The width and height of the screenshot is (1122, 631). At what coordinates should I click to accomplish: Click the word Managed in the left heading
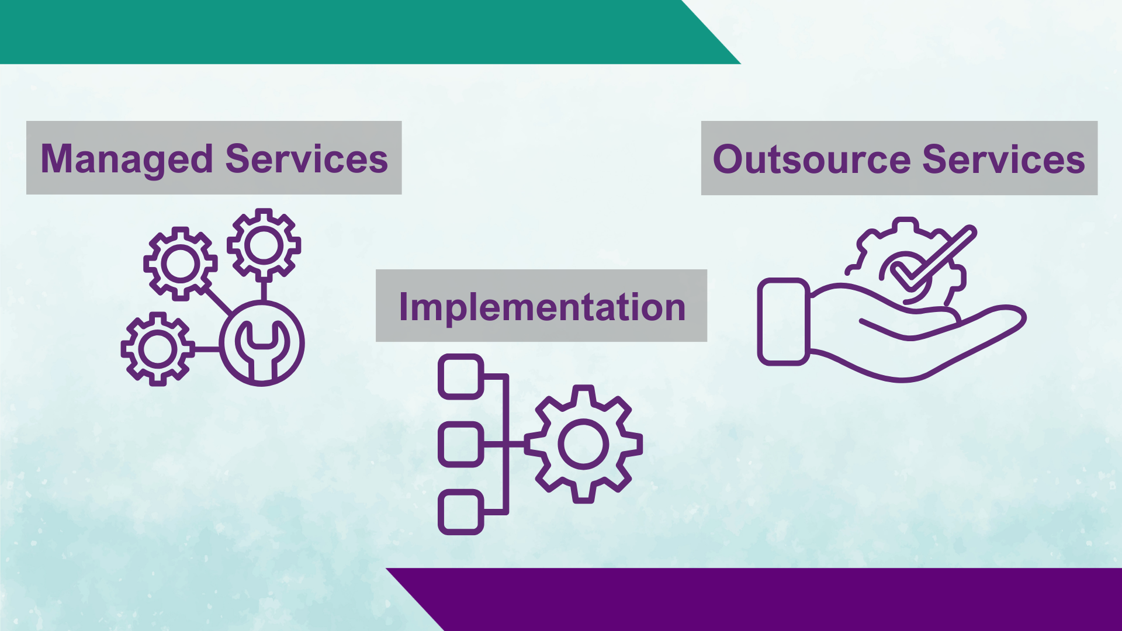(x=127, y=160)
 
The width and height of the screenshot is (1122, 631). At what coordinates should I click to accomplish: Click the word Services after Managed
(x=307, y=159)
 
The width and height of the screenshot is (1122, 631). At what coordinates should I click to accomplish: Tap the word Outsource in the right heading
(x=812, y=160)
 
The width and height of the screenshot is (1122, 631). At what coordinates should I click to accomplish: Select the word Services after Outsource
(x=1004, y=160)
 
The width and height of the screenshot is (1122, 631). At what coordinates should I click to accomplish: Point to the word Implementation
(x=542, y=307)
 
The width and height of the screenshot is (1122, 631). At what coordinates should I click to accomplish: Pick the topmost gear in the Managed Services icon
(x=264, y=245)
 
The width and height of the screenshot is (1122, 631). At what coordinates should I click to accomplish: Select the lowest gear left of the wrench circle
(x=158, y=349)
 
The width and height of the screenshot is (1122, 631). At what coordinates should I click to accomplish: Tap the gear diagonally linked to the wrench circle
(x=181, y=264)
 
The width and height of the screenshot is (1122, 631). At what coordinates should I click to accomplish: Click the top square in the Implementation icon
(x=461, y=377)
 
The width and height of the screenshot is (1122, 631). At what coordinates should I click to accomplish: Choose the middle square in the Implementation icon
(x=461, y=444)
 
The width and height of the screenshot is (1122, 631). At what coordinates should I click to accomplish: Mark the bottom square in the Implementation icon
(x=461, y=512)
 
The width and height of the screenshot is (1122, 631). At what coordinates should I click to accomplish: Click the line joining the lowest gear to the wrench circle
(x=207, y=349)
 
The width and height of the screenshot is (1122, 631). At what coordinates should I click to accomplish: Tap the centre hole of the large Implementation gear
(x=583, y=444)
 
